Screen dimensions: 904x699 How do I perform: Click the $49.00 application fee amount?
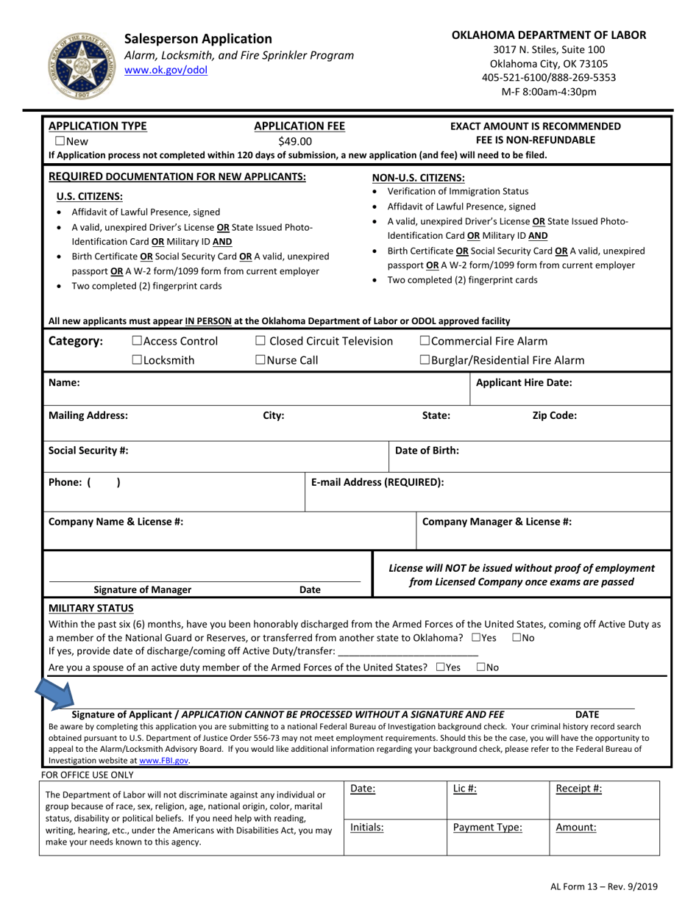pos(295,141)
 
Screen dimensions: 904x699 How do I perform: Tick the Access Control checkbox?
pos(137,341)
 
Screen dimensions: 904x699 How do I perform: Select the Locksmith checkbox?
pos(137,360)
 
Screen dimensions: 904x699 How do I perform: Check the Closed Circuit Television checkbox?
pos(260,341)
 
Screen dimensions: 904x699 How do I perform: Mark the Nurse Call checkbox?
pos(260,360)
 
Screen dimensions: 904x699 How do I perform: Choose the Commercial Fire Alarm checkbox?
pos(425,341)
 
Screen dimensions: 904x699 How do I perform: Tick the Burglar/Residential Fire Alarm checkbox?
pos(425,360)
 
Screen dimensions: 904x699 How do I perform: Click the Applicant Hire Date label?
pos(524,382)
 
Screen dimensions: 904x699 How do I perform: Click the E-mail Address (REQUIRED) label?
pos(377,482)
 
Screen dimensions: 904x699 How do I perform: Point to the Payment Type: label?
pos(487,827)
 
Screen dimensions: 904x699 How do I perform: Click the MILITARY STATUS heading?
pos(91,608)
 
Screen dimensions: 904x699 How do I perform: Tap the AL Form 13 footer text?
pos(603,887)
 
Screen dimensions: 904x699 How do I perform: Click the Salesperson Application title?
pos(198,39)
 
